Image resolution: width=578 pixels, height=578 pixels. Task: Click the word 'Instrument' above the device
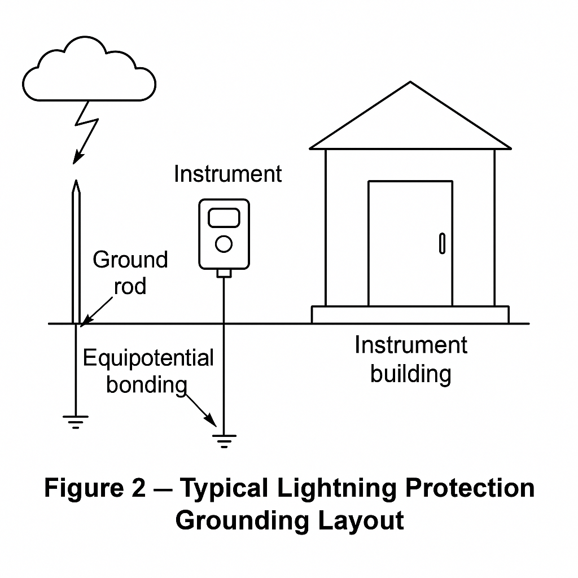227,174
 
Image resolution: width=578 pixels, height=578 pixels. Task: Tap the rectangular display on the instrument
224,218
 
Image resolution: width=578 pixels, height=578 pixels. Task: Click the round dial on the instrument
224,244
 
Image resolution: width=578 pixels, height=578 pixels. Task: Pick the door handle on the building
442,243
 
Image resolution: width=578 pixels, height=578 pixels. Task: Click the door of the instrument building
410,243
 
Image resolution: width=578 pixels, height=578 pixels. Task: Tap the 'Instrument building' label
411,359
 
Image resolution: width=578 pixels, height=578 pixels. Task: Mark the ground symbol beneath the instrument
224,440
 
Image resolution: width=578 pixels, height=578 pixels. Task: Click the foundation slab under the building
410,314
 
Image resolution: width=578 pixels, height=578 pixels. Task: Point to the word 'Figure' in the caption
81,488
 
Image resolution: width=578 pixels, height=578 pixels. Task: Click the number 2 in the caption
138,488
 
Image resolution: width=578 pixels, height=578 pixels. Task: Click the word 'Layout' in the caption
361,520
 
